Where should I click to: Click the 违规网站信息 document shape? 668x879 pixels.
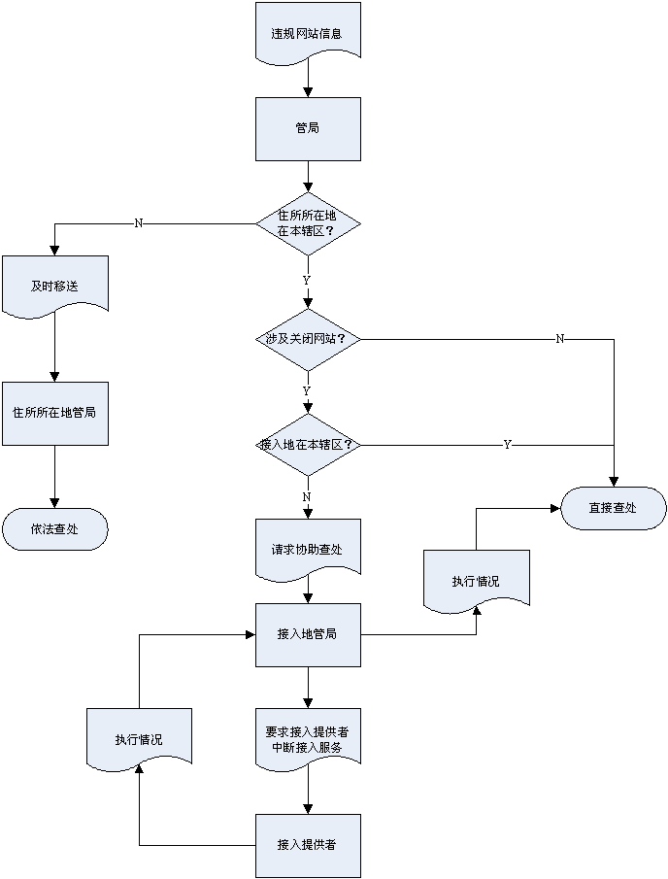coord(308,33)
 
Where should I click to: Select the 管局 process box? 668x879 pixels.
coord(308,129)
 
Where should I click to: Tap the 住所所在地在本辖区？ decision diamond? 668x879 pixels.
coord(308,223)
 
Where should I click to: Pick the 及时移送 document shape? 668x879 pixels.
coord(54,287)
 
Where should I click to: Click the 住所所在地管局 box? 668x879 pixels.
coord(54,413)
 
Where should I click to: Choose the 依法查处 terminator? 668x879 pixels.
coord(54,529)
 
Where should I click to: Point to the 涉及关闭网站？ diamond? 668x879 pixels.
coord(308,339)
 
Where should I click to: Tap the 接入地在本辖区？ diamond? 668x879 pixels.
coord(308,444)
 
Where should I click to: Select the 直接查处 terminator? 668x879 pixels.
coord(613,508)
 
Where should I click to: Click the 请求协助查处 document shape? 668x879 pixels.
coord(308,549)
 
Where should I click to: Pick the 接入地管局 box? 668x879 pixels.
coord(308,634)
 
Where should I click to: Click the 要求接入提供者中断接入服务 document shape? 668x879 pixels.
coord(308,739)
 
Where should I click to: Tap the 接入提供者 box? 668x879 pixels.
coord(308,845)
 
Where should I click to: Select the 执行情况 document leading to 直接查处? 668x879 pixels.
coord(476,581)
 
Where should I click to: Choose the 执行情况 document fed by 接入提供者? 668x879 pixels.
coord(139,739)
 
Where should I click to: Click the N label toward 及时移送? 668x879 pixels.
coord(139,223)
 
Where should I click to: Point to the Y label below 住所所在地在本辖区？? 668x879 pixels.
coord(308,280)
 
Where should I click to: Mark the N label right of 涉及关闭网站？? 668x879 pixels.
coord(560,339)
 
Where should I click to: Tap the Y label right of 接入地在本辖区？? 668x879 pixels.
coord(507,444)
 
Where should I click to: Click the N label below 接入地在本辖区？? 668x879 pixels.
coord(308,496)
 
